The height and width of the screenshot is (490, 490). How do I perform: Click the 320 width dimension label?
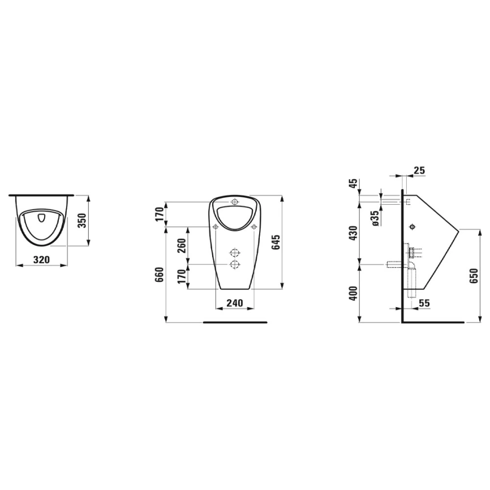[41, 259]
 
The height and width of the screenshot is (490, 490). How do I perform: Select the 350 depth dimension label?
[82, 221]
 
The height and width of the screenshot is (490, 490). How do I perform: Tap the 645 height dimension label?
[276, 242]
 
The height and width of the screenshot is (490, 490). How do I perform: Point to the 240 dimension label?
[235, 303]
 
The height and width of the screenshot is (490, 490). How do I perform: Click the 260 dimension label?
[182, 246]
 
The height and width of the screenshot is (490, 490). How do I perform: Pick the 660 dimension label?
[160, 274]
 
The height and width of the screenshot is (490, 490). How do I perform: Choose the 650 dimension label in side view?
[474, 276]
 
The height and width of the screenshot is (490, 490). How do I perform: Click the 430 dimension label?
[353, 233]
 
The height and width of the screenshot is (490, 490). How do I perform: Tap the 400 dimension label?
[353, 293]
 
